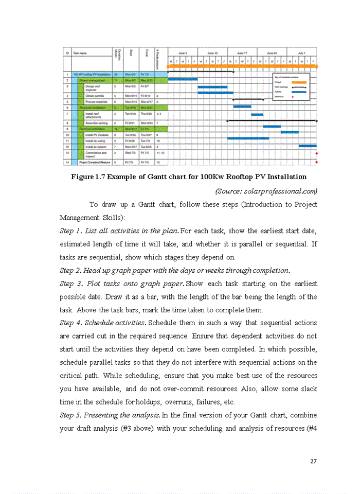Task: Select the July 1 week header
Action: point(302,53)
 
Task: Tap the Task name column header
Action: point(80,53)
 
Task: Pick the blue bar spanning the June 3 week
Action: point(183,79)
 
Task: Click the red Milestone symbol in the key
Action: point(293,96)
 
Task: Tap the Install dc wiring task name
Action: point(96,140)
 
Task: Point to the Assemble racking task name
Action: point(96,123)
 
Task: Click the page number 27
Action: point(313,461)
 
